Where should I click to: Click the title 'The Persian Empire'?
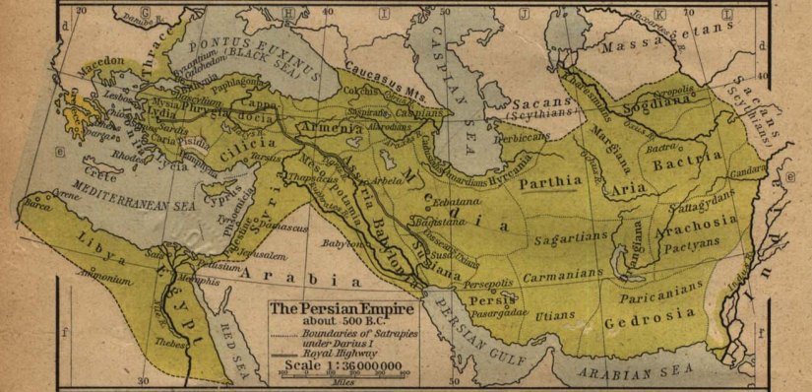coord(341,308)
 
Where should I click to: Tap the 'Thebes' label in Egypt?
coord(169,345)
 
